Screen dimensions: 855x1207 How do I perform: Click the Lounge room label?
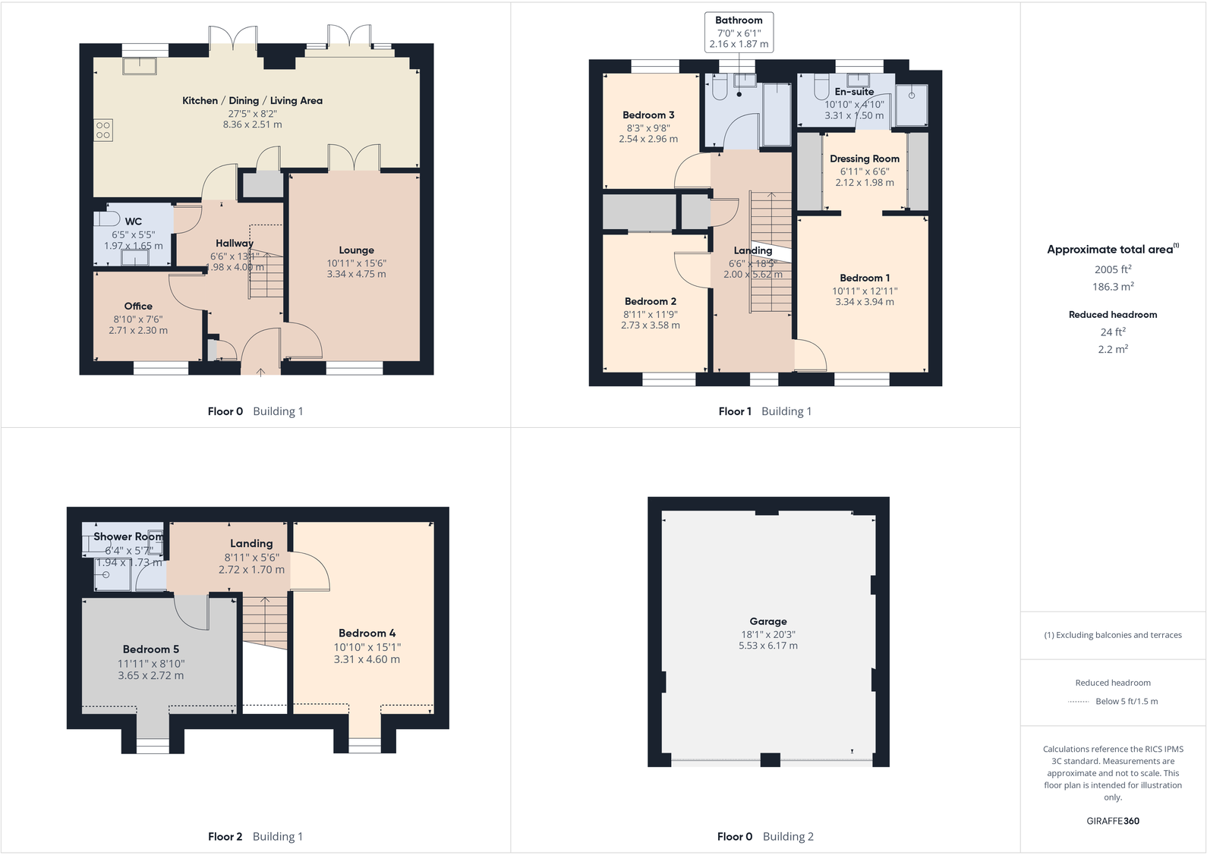[356, 250]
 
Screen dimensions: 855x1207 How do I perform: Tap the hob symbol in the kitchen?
[103, 130]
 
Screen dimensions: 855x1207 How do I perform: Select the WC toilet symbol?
[106, 219]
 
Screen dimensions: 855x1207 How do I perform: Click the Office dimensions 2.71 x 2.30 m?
[138, 331]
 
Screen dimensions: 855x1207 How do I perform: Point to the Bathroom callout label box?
[739, 32]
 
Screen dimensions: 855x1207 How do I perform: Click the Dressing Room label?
[864, 159]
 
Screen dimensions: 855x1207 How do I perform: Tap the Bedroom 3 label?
[648, 115]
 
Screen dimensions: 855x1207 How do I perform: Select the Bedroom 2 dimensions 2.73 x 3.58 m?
[651, 325]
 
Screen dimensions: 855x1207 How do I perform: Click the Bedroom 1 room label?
[865, 278]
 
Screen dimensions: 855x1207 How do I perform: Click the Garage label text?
[768, 621]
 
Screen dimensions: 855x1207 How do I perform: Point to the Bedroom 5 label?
[151, 649]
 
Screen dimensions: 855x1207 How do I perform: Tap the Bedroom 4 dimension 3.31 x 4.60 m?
[367, 659]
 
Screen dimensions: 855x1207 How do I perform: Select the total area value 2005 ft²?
[1113, 269]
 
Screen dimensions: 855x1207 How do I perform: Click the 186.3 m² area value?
[1113, 287]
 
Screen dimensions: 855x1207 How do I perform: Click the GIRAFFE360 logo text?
[1113, 821]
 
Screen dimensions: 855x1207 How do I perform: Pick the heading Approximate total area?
[1110, 250]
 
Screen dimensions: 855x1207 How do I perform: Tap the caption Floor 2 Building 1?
[255, 837]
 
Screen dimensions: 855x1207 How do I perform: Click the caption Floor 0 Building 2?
[765, 837]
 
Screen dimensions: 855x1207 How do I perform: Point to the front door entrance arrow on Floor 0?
[260, 371]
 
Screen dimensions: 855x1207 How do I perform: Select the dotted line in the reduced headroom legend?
[1078, 702]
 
